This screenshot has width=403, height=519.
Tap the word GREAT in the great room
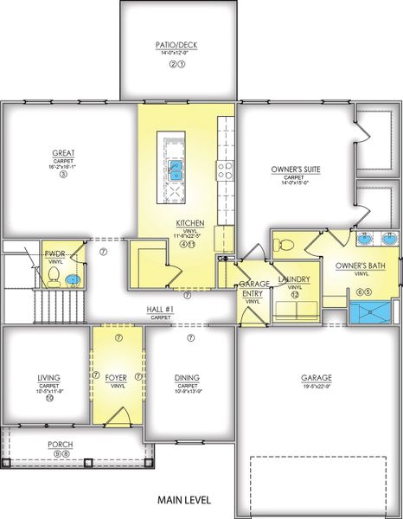pos(63,153)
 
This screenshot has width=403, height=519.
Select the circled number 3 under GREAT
pos(63,174)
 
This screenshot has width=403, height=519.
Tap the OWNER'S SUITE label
pos(294,170)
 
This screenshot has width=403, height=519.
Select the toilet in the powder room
pos(54,275)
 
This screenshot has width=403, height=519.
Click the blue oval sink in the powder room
pos(74,280)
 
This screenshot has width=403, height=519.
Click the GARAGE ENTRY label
pos(253,289)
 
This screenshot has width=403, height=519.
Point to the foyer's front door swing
pos(124,417)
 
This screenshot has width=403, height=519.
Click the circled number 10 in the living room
pos(49,400)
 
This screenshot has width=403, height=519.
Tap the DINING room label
pos(187,377)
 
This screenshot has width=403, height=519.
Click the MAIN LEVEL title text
pos(184,500)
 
